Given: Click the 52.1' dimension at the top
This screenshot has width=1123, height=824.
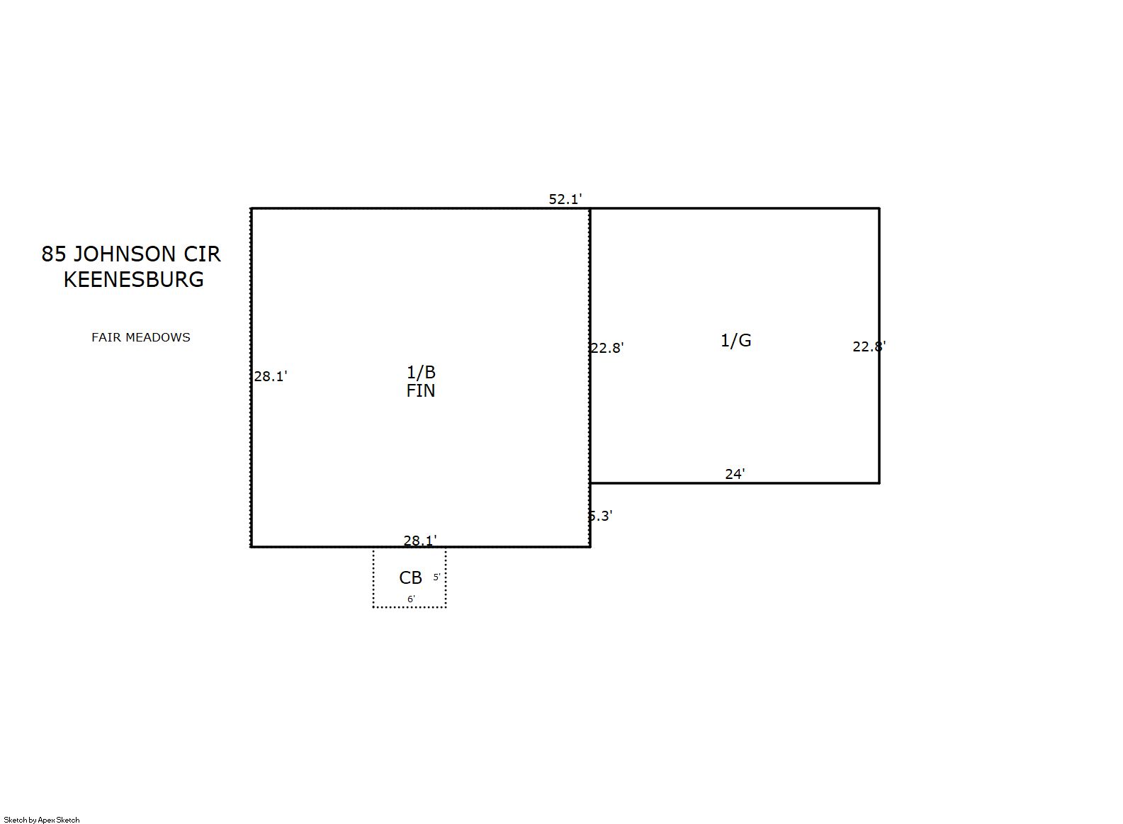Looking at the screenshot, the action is (x=565, y=200).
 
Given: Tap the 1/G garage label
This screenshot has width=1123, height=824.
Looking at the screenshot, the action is (x=735, y=341).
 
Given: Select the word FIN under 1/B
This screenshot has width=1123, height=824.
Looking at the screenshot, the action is (x=421, y=391).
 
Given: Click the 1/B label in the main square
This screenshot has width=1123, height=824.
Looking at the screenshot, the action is (x=421, y=373).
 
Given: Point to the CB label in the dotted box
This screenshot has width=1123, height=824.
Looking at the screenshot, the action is (x=411, y=578).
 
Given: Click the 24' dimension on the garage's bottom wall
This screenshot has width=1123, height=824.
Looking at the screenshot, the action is (x=735, y=474).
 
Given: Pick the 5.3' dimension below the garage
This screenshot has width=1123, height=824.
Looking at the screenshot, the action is (x=600, y=516).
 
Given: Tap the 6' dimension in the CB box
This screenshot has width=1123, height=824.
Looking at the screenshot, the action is (x=411, y=599).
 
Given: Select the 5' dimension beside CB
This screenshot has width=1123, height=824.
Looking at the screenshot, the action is (x=436, y=577).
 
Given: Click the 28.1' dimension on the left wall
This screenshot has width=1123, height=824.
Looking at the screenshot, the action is (x=270, y=376).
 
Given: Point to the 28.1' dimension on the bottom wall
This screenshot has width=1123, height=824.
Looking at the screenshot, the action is (x=420, y=541).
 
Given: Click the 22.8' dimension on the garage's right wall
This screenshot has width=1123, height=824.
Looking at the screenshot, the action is (x=869, y=346).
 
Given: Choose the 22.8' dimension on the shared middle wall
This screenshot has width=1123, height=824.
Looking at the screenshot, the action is (x=607, y=348).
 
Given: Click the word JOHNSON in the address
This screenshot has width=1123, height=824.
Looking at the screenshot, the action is (x=125, y=254).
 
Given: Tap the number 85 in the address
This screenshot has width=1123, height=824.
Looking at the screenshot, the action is (x=54, y=254).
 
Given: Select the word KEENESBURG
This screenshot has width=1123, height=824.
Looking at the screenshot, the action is (x=133, y=280).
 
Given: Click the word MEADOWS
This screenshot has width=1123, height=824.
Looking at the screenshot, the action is (x=158, y=337).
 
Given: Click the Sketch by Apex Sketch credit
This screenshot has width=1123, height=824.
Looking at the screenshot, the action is (x=42, y=820).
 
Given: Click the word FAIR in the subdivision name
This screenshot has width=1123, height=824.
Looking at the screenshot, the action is (x=106, y=337).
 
